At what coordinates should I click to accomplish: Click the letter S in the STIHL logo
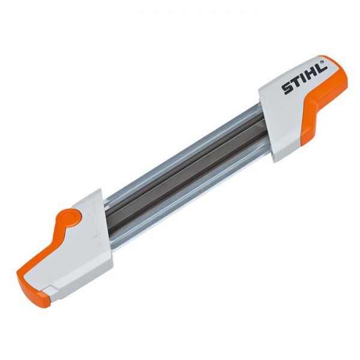pos(287,89)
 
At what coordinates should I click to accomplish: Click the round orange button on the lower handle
pos(71,216)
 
